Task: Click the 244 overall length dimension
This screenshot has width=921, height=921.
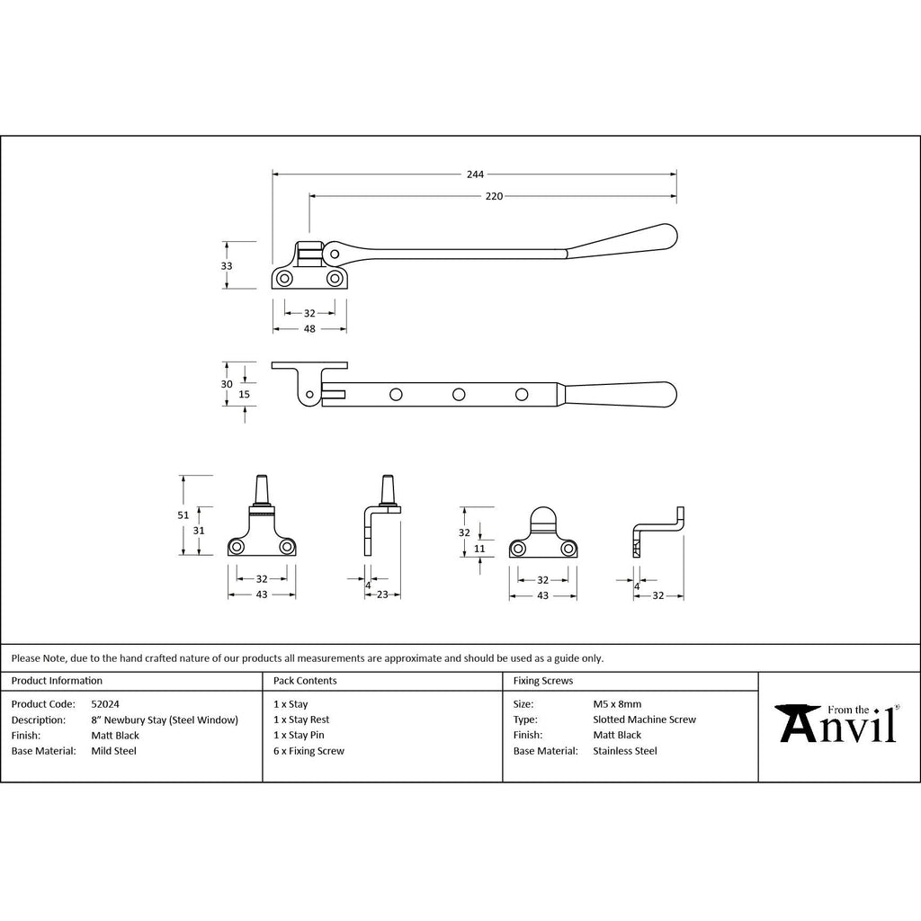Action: [x=475, y=174]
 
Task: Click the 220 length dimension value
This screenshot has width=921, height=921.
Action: [x=494, y=196]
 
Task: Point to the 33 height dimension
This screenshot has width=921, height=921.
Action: [x=227, y=266]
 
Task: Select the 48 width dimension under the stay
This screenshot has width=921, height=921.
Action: [x=309, y=329]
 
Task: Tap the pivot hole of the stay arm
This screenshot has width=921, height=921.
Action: [x=335, y=255]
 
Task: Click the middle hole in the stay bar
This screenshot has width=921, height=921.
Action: [x=459, y=395]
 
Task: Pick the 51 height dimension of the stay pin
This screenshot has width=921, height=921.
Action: [x=183, y=515]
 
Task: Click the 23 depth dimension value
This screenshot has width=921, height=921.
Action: [x=382, y=595]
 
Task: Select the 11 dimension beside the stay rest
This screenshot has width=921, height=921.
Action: [x=479, y=549]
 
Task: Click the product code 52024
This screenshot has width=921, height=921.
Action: [x=105, y=703]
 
